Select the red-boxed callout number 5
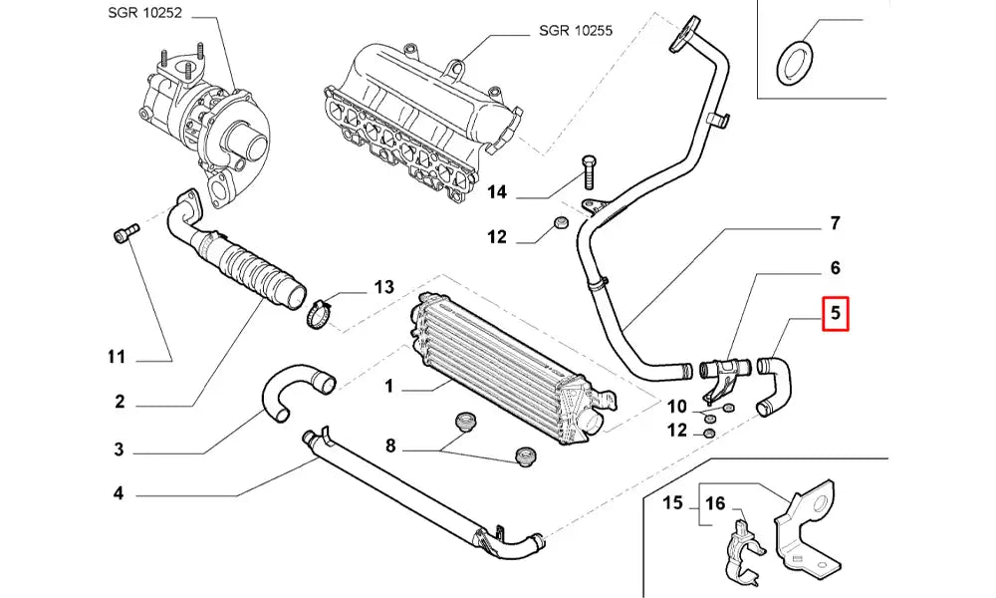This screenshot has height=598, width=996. click(835, 316)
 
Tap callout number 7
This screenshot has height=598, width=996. click(835, 222)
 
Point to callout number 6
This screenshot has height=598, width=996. click(835, 268)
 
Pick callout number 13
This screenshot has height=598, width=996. click(384, 288)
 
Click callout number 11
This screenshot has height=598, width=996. click(117, 357)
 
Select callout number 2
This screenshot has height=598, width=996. click(119, 403)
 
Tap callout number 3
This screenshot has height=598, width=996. click(119, 449)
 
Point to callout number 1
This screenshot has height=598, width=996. click(390, 385)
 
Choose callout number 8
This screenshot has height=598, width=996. click(390, 447)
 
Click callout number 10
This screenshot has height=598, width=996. click(677, 407)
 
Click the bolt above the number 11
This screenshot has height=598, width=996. click(124, 234)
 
